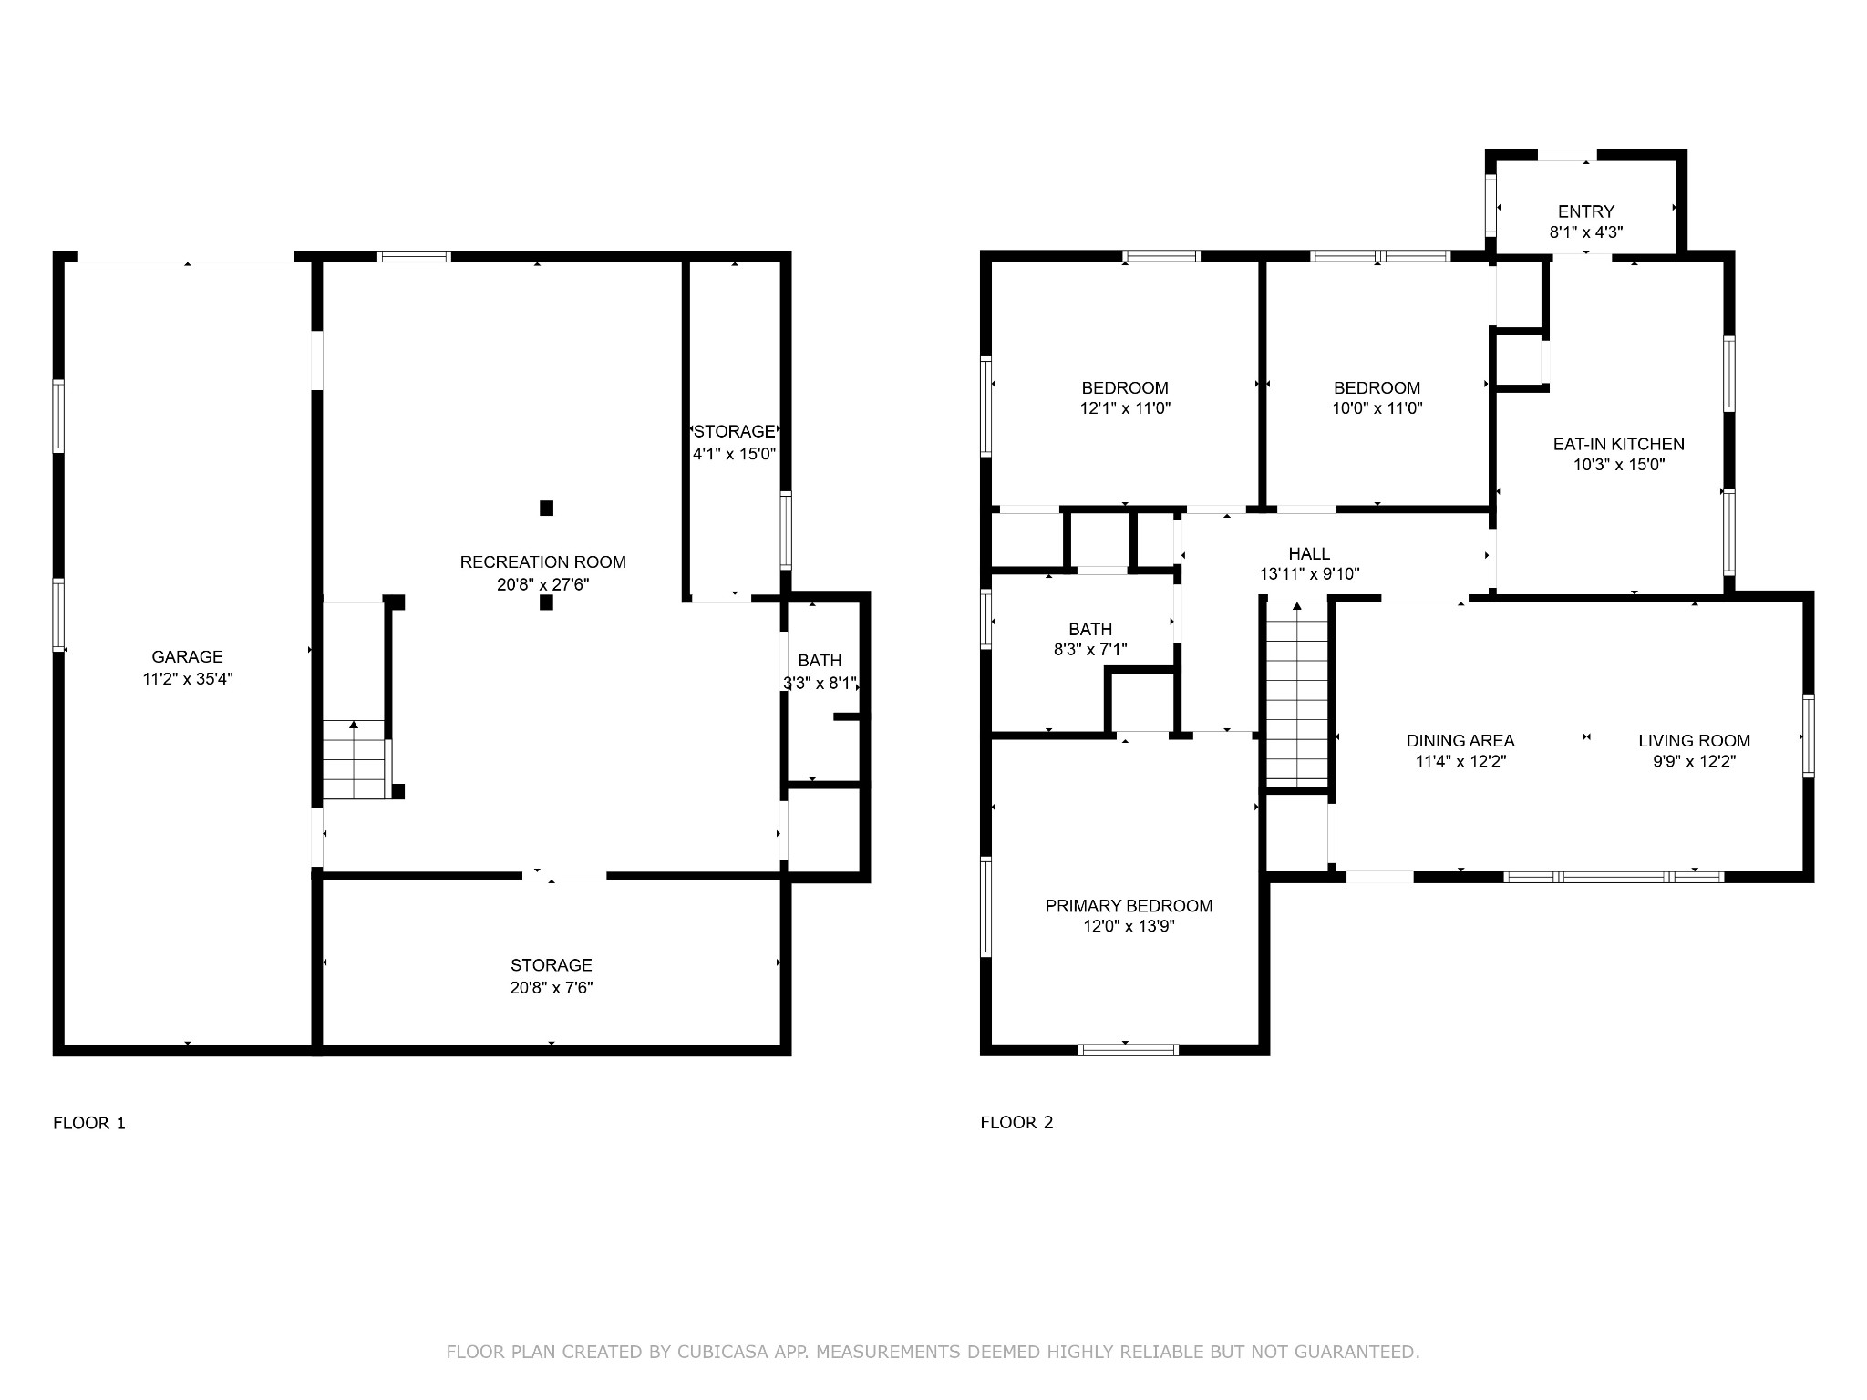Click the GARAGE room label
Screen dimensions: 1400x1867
click(187, 656)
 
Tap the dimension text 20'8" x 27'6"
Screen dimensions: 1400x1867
click(543, 584)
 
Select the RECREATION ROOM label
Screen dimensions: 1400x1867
click(543, 562)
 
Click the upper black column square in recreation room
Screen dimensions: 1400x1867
click(546, 509)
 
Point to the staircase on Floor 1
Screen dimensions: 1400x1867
click(354, 759)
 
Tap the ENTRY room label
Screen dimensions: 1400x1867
click(1585, 211)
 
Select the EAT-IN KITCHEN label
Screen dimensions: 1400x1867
click(1618, 444)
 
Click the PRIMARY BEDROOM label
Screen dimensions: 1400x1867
click(1129, 906)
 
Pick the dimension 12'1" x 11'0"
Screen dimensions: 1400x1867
click(1125, 409)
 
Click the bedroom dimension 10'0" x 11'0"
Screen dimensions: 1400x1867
click(1377, 409)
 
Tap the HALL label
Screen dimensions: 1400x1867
click(1309, 553)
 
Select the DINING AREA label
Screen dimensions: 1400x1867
click(1460, 741)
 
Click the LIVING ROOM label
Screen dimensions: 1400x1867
click(1694, 741)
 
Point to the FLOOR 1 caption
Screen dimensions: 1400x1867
click(89, 1123)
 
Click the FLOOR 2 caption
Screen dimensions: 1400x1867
click(1016, 1123)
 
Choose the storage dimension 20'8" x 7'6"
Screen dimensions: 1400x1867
click(552, 987)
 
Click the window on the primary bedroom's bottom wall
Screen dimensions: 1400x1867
click(1128, 1050)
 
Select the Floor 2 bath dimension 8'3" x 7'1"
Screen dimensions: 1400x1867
click(1090, 650)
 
